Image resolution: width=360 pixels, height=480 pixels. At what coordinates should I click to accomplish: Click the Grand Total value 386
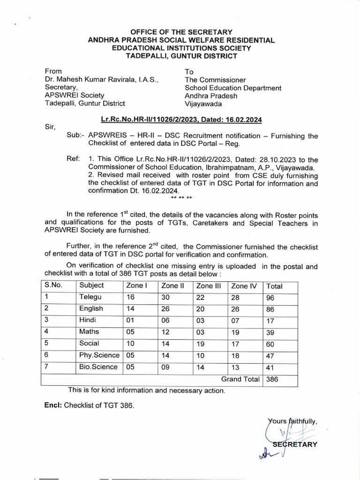[272, 380]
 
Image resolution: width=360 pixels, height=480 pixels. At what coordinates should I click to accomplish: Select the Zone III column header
[209, 286]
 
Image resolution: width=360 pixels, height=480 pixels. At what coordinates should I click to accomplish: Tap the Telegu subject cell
[90, 297]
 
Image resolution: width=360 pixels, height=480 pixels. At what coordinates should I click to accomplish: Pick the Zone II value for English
[165, 309]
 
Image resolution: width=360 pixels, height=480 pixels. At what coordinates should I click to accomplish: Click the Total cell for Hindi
[270, 321]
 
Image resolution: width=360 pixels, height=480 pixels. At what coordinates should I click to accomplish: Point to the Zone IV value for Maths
[235, 333]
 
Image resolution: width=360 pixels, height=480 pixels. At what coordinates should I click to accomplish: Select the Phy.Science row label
[98, 356]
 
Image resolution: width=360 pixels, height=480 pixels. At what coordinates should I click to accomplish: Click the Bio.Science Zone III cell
[201, 367]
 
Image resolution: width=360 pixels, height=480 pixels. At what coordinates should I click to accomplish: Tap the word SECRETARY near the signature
[295, 444]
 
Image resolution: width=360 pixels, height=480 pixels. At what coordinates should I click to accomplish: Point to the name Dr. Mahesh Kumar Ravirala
[102, 80]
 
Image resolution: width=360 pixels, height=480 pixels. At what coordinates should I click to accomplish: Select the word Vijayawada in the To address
[203, 104]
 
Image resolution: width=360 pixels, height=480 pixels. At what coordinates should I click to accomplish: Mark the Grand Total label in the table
[240, 380]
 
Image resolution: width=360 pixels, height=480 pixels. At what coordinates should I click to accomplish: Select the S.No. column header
[53, 285]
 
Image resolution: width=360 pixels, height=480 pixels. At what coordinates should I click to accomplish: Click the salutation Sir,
[50, 127]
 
